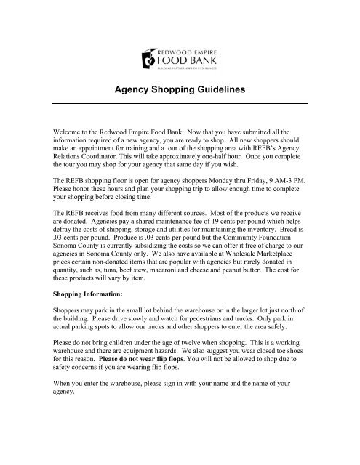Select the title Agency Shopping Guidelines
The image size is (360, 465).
tap(180, 91)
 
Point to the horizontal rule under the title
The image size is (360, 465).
tap(180, 104)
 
